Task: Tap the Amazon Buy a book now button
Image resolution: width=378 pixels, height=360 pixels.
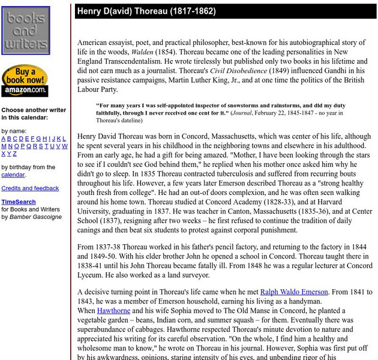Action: click(x=25, y=81)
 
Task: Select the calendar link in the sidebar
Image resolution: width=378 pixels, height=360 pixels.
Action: click(x=13, y=175)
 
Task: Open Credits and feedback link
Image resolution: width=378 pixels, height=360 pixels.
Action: click(x=30, y=188)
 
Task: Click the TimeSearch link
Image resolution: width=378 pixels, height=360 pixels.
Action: click(x=18, y=202)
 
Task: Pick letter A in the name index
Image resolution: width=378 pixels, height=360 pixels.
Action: click(x=4, y=139)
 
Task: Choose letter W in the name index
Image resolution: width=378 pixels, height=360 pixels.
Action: click(x=64, y=146)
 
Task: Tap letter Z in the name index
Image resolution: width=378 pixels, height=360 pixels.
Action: click(x=17, y=153)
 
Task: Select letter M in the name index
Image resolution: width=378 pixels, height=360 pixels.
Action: click(x=4, y=146)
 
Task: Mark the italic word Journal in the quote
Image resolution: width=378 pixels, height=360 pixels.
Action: click(x=245, y=112)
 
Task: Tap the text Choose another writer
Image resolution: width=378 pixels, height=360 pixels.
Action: click(x=34, y=110)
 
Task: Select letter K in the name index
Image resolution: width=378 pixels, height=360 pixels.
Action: click(x=57, y=139)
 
